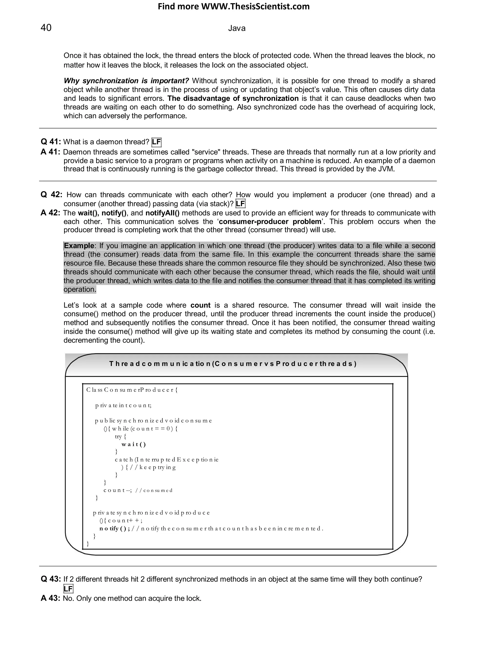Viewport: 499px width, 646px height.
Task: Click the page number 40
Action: pos(46,28)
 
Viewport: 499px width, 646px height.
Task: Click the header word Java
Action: pos(237,28)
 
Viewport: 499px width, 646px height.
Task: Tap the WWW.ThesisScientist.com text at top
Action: pos(255,7)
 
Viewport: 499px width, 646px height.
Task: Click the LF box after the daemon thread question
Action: pos(156,142)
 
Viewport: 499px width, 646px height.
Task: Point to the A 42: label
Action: pos(50,213)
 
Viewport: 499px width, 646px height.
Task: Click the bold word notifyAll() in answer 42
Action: pos(162,213)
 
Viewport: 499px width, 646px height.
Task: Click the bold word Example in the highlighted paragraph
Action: pos(79,246)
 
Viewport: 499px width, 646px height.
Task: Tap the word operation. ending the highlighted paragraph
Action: pos(80,289)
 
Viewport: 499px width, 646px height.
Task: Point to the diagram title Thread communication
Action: pos(233,363)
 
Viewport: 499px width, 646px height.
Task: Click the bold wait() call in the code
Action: pos(134,444)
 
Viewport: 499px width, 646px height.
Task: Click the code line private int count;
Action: pos(123,405)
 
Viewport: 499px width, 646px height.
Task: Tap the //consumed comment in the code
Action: pos(154,490)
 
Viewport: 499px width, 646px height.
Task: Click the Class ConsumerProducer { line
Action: pos(132,390)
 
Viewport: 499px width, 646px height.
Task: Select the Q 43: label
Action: pos(51,579)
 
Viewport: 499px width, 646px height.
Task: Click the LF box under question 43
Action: pos(68,589)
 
